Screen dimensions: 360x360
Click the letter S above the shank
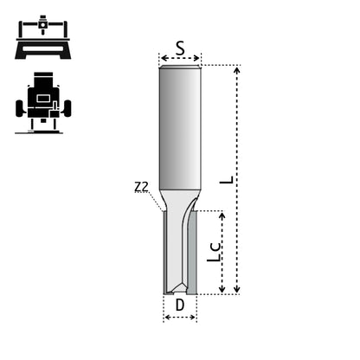[x=180, y=48]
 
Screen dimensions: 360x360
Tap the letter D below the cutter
[x=180, y=305]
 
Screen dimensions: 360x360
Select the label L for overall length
[x=227, y=180]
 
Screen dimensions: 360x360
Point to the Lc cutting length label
[x=214, y=253]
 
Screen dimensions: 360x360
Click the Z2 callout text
[x=142, y=187]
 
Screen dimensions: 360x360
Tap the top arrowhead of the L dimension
[x=237, y=70]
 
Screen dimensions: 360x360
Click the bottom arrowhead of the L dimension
[x=237, y=288]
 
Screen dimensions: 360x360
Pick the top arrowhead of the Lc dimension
[x=222, y=215]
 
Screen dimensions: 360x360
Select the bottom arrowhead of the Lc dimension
[x=222, y=288]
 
